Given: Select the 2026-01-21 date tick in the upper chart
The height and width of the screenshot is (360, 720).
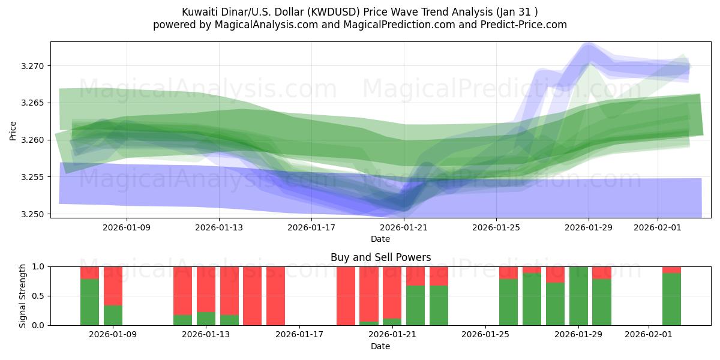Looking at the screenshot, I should (404, 227).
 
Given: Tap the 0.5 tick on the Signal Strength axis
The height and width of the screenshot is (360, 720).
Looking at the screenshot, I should (39, 296).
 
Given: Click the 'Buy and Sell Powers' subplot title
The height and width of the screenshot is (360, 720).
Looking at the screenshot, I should (380, 257).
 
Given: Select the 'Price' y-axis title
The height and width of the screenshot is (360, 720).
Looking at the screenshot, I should (13, 130).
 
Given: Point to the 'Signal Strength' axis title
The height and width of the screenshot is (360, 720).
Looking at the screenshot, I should (23, 296).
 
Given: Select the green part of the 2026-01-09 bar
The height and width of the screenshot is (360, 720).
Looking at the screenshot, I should (113, 315).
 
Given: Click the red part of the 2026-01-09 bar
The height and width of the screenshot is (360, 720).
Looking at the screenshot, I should (113, 286).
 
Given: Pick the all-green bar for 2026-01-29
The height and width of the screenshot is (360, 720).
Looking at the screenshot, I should (578, 296).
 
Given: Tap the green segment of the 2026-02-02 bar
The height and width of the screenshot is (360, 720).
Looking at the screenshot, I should (671, 299).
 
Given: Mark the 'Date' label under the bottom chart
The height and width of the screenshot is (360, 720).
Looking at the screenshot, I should (380, 346).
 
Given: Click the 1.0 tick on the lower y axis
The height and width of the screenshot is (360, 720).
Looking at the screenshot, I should (39, 266).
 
